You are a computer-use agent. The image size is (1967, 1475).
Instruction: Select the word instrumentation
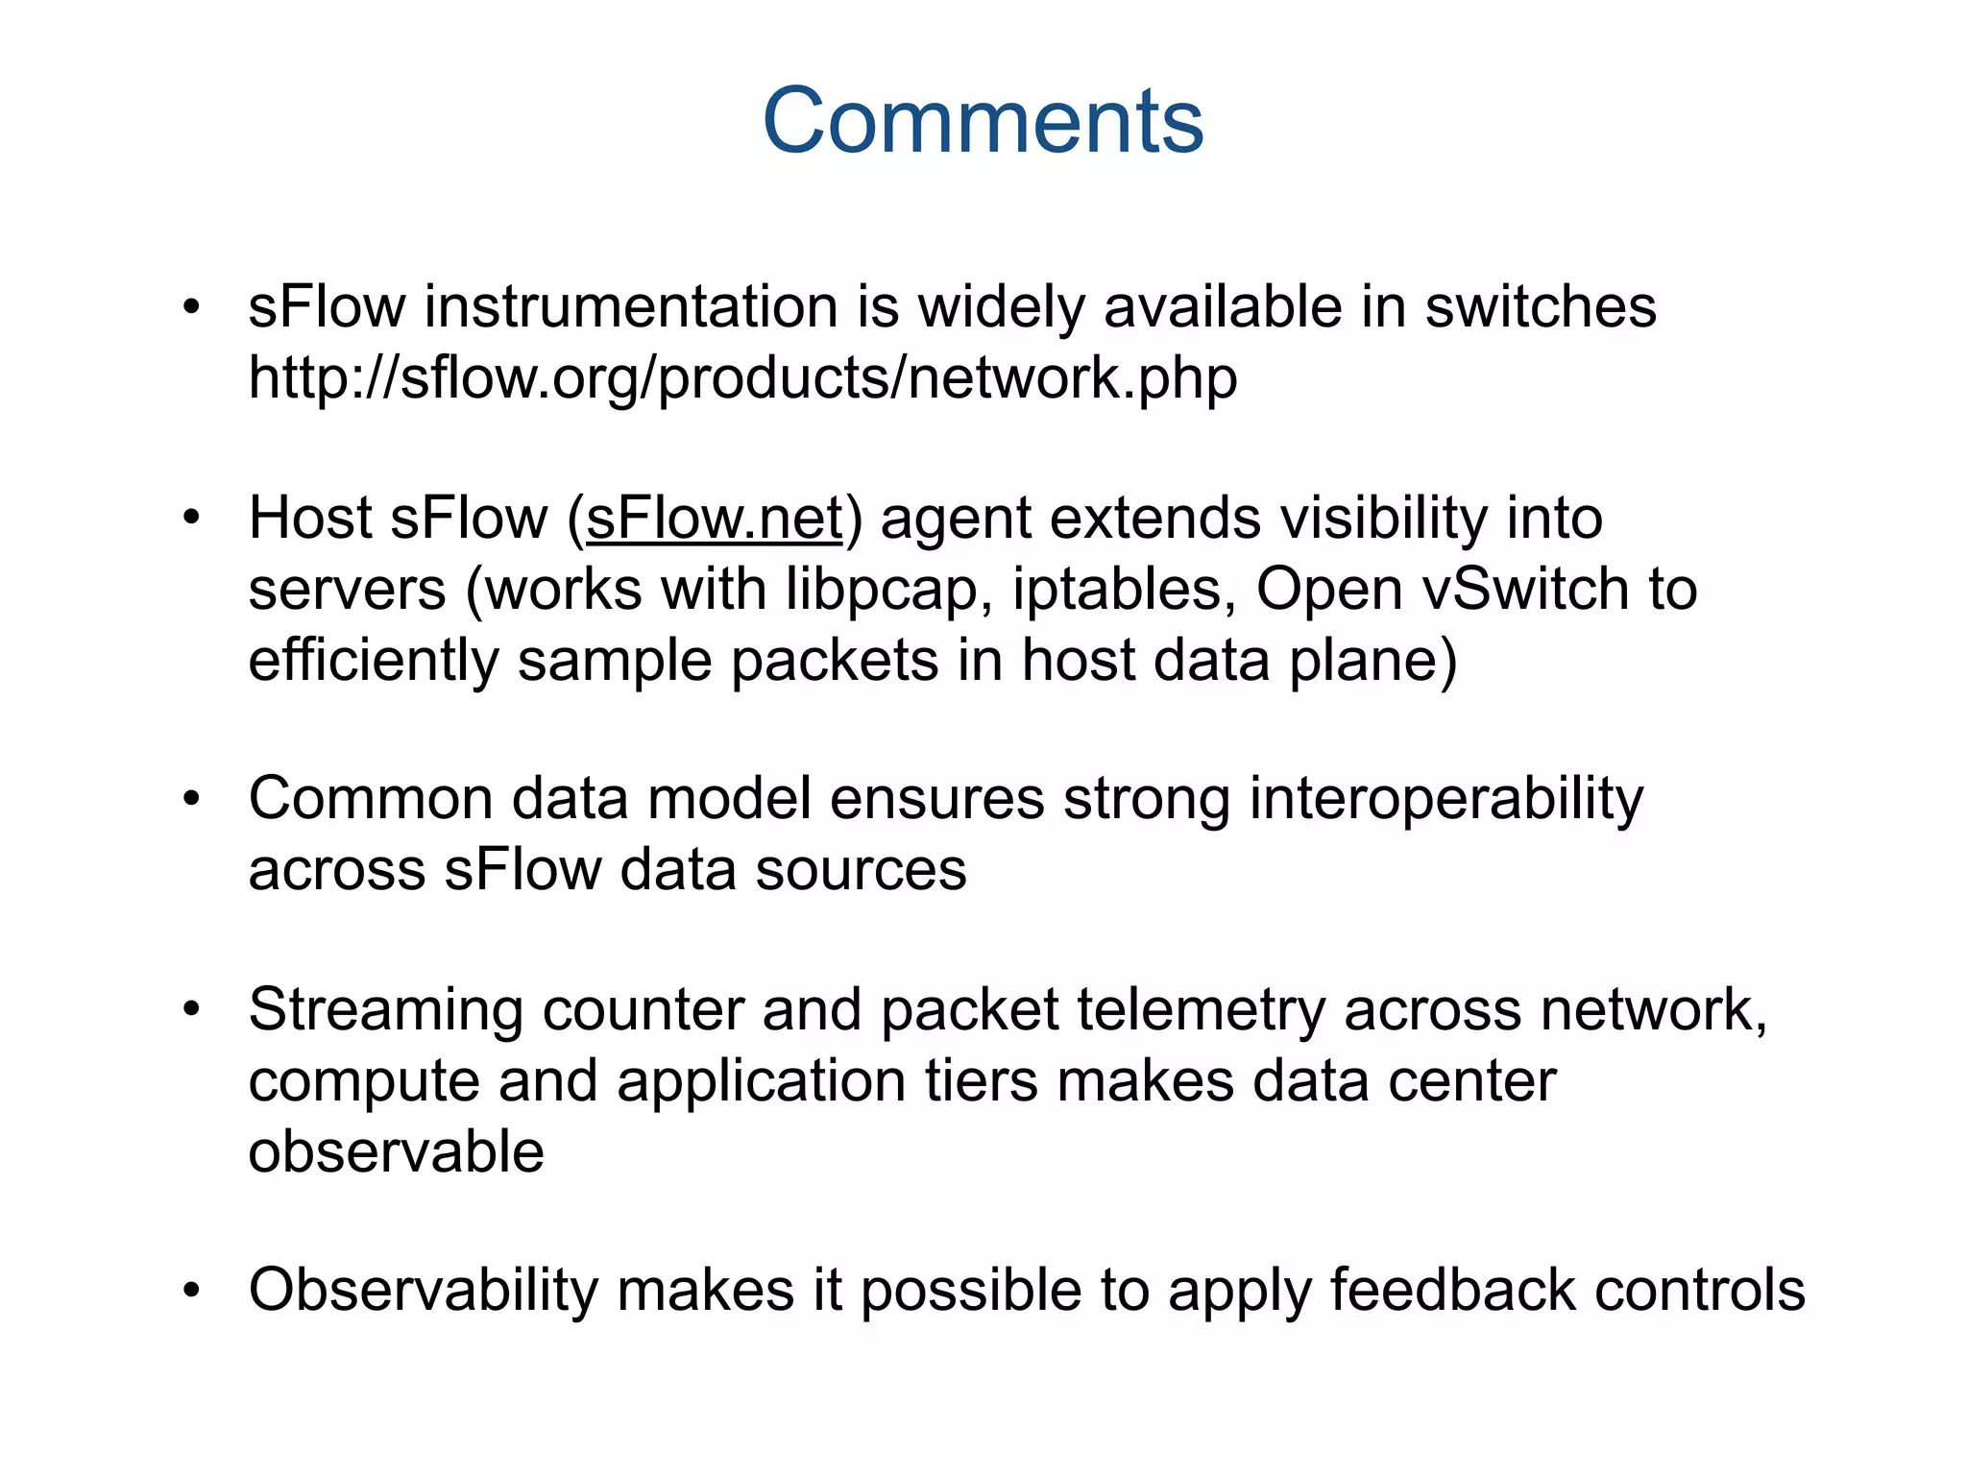pyautogui.click(x=632, y=307)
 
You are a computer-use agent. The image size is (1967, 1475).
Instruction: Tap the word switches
pyautogui.click(x=1540, y=307)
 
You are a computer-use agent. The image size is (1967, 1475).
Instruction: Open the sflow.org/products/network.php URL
pyautogui.click(x=742, y=378)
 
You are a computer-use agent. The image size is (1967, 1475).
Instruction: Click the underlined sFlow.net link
pyautogui.click(x=714, y=519)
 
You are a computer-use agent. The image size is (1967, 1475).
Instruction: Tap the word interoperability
pyautogui.click(x=1445, y=799)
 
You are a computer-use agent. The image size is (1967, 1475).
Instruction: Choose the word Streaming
pyautogui.click(x=385, y=1010)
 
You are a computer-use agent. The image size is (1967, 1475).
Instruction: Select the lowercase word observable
pyautogui.click(x=396, y=1151)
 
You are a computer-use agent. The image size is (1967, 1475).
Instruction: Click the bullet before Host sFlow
pyautogui.click(x=192, y=519)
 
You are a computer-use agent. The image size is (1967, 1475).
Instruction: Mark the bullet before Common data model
pyautogui.click(x=192, y=799)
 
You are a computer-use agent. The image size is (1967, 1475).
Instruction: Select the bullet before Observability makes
pyautogui.click(x=192, y=1290)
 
